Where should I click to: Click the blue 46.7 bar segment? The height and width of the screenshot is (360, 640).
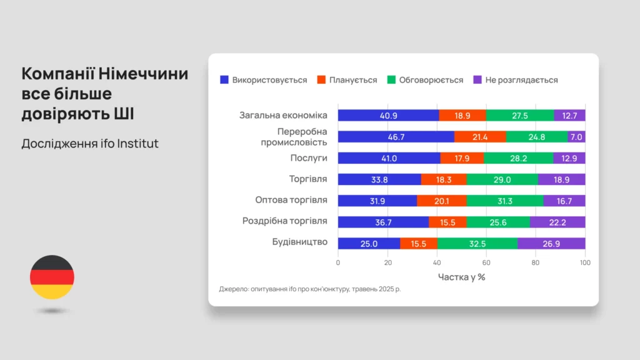point(396,137)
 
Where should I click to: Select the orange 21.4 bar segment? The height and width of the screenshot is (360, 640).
point(480,137)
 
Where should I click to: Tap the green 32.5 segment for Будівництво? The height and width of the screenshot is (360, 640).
point(477,243)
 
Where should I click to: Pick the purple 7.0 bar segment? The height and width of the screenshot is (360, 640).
point(576,137)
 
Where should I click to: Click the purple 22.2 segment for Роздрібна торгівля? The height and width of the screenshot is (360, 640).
point(557,222)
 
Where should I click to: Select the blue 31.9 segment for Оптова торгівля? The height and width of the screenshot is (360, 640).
point(377,201)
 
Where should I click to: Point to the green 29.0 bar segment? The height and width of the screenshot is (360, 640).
point(502,179)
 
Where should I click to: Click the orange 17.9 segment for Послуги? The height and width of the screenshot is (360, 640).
point(462,158)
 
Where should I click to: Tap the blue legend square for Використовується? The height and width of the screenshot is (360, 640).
point(224,80)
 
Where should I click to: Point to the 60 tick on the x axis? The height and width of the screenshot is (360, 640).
point(486,262)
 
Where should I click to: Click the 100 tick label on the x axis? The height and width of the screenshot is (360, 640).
point(585,262)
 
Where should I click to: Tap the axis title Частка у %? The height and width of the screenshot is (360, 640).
point(461,277)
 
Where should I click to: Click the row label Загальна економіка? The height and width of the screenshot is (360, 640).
point(283,115)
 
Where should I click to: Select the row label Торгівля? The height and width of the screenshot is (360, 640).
point(308,179)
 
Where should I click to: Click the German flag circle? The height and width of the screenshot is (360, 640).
point(52,277)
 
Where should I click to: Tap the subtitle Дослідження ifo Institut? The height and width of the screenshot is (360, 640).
point(90,144)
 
